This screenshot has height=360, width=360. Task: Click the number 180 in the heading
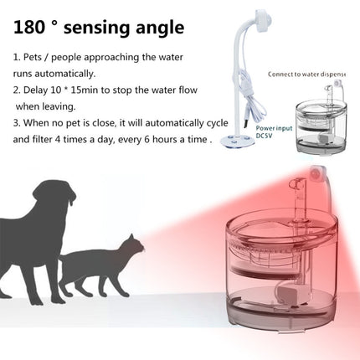29,27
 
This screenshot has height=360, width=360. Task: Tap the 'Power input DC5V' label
274,131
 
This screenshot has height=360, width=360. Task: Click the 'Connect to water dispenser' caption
307,75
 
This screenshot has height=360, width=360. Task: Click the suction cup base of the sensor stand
238,140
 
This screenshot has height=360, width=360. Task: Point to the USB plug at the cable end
246,124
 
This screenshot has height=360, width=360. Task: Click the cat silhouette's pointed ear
131,239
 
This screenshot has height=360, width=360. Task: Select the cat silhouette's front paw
125,294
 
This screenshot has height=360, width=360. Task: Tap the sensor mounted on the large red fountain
318,173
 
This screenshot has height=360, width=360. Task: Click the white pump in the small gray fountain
324,137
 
